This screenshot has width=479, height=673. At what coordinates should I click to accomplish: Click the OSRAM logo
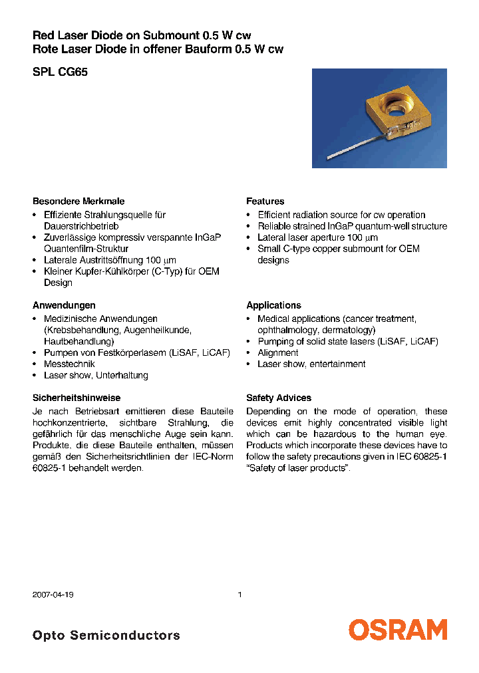[398, 630]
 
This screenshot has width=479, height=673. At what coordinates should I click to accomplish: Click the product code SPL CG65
[60, 72]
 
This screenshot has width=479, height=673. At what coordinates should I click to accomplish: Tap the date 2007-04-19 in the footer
[53, 595]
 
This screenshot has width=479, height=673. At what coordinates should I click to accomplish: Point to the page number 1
[239, 595]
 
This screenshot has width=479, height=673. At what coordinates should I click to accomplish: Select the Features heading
[265, 201]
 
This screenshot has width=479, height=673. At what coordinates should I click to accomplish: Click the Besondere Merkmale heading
[79, 201]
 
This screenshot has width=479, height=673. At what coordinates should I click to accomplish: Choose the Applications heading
[273, 305]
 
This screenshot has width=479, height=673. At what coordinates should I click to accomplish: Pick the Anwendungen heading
[64, 305]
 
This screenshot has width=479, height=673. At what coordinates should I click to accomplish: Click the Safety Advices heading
[278, 398]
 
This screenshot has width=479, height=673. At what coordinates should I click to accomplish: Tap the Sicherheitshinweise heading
[77, 398]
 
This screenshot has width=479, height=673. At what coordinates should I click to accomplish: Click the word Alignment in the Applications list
[278, 352]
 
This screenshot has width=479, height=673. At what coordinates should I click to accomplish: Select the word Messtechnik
[69, 364]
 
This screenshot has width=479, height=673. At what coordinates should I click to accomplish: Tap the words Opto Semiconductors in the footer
[106, 635]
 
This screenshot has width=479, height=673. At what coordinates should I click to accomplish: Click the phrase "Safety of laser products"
[297, 468]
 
